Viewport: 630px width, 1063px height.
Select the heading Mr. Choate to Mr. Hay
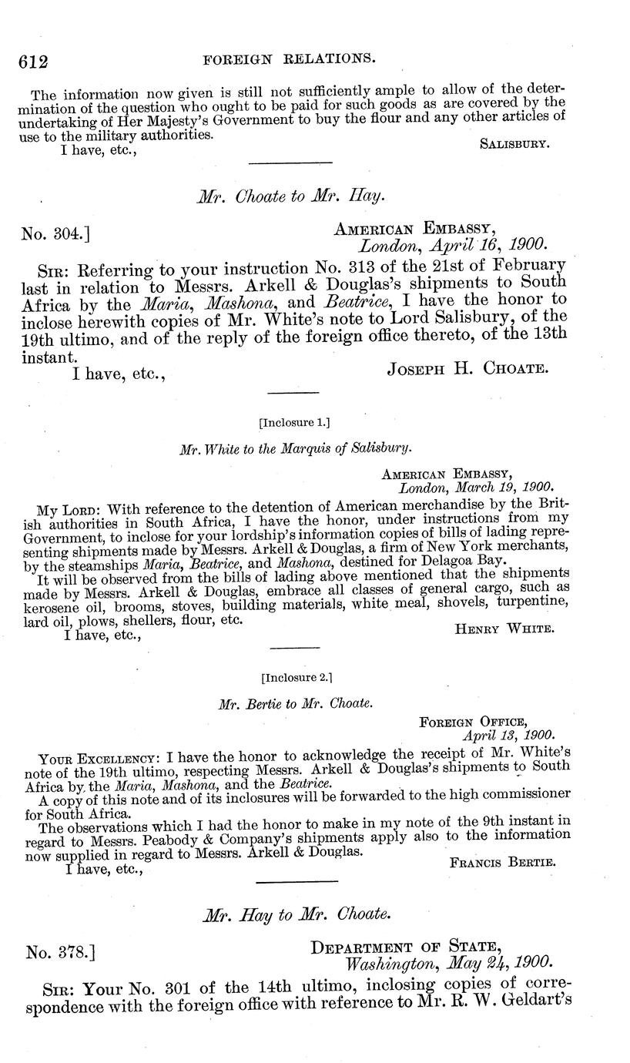[x=290, y=196]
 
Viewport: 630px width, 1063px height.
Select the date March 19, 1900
[x=476, y=488]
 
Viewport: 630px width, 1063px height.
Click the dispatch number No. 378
[x=60, y=953]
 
